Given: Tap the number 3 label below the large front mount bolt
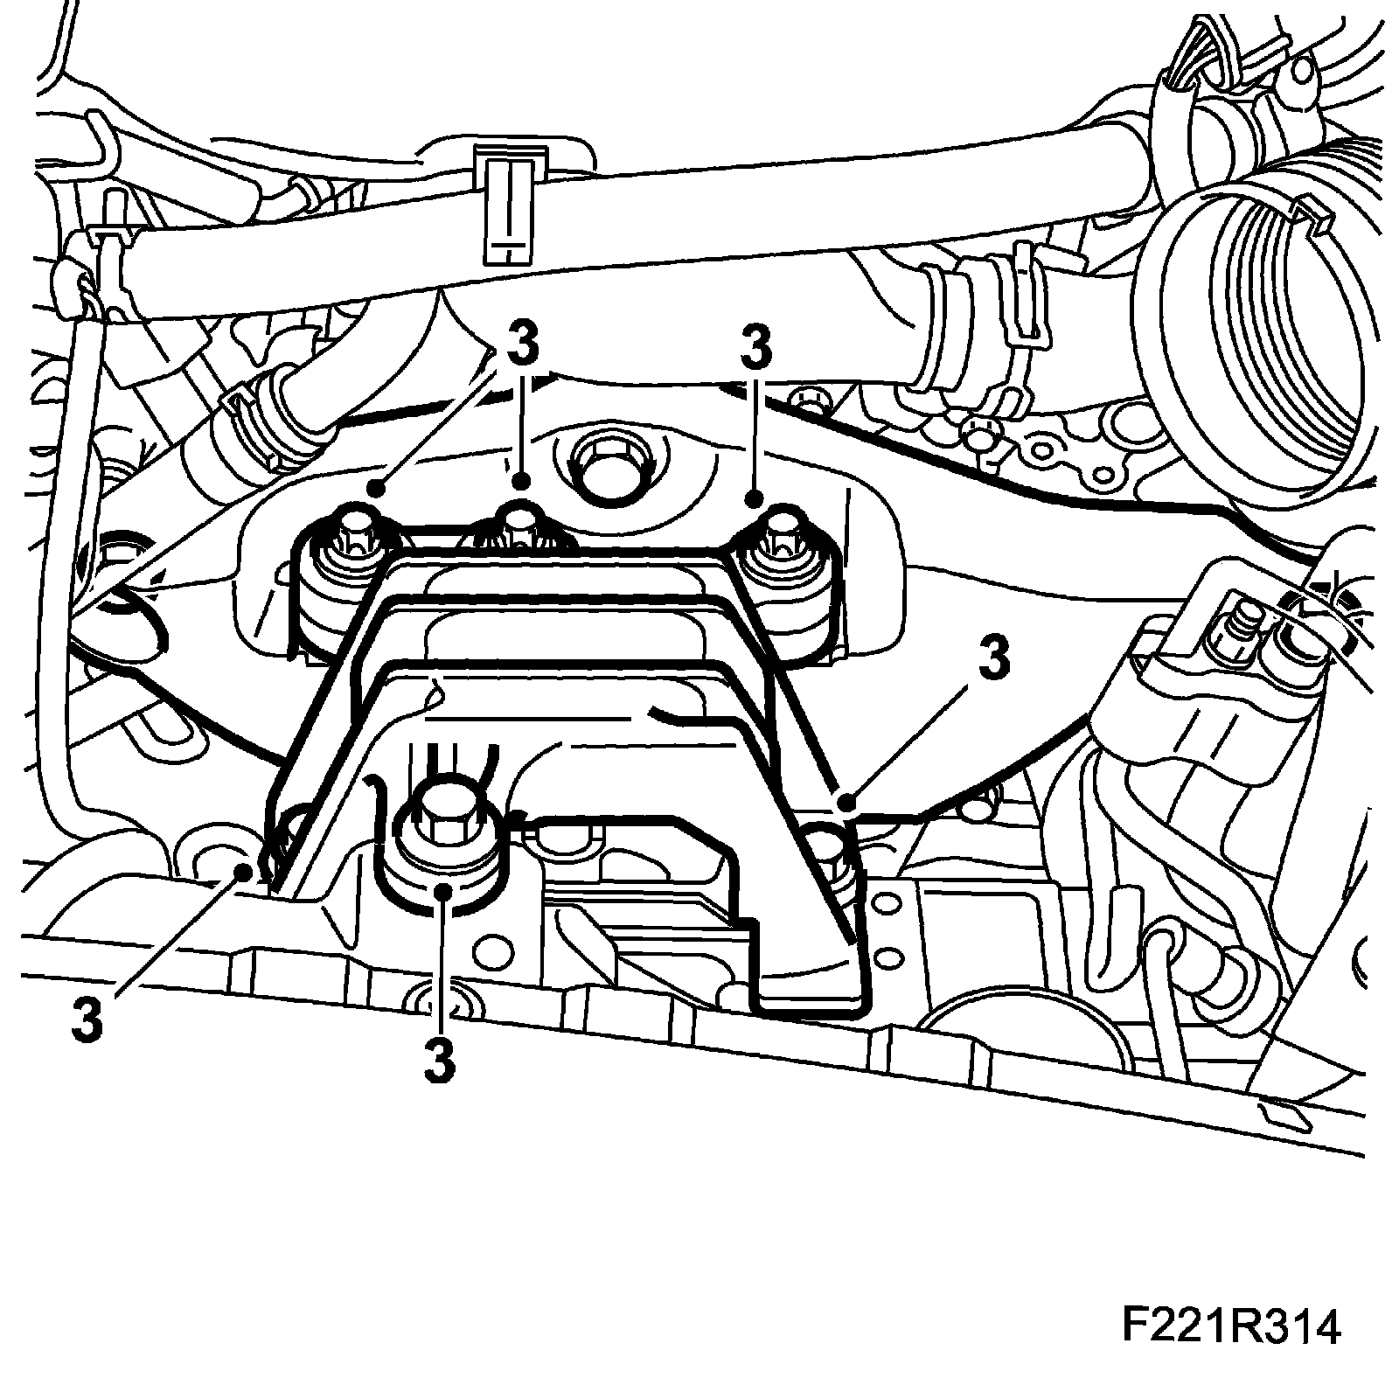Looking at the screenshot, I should [x=440, y=1061].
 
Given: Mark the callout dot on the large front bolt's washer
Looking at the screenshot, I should [x=445, y=890].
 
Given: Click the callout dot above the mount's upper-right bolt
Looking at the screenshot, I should [x=755, y=499].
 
